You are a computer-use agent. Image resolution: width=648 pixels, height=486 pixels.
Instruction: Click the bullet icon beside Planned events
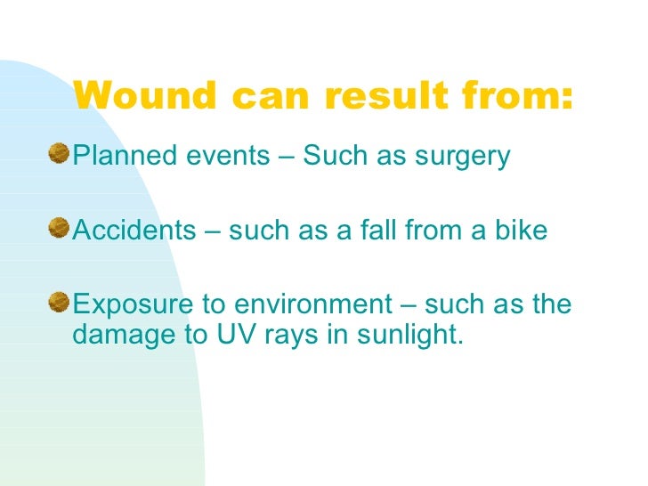(x=60, y=156)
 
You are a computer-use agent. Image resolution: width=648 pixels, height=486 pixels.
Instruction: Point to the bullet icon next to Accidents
(x=60, y=230)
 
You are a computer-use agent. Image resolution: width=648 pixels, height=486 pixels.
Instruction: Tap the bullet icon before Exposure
(x=60, y=304)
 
